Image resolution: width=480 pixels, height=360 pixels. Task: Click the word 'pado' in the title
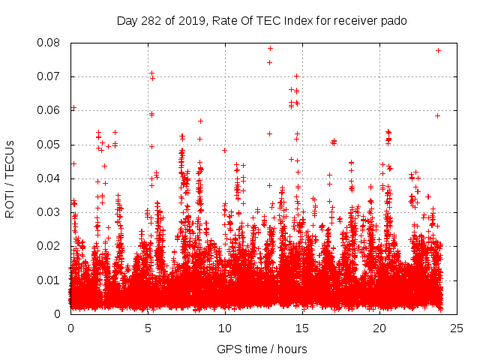tap(394, 20)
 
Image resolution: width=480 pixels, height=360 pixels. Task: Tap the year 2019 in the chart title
tap(191, 20)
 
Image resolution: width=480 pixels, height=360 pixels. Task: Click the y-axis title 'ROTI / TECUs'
tap(10, 178)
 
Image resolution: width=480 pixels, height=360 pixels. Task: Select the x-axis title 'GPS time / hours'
tap(262, 349)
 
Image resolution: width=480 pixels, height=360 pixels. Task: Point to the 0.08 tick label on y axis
tap(51, 43)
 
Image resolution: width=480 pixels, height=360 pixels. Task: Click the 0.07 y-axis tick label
tap(51, 76)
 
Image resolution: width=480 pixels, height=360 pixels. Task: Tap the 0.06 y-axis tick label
tap(51, 110)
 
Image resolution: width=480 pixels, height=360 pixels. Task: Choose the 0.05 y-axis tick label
tap(51, 144)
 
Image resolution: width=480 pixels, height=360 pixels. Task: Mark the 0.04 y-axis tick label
tap(51, 178)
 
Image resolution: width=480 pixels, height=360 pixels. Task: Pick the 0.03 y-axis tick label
tap(51, 212)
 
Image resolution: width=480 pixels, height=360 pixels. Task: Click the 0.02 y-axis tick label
tap(51, 246)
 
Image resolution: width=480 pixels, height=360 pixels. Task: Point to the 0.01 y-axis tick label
tap(51, 280)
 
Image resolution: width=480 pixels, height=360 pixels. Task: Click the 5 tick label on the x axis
tap(148, 328)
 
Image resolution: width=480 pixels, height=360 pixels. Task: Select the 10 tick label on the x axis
tap(225, 328)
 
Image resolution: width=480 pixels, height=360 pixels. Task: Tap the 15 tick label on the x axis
tap(302, 328)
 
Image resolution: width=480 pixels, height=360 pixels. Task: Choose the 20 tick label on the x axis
tap(379, 328)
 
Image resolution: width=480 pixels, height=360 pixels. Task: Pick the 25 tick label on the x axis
tap(457, 328)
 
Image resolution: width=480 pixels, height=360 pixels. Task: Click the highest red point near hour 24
tap(438, 50)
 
